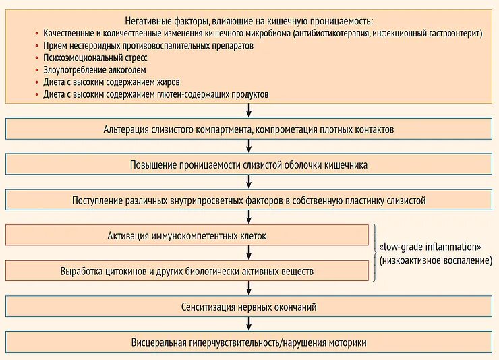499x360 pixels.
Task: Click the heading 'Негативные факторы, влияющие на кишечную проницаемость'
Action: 249,20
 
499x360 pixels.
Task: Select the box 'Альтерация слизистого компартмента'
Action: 249,129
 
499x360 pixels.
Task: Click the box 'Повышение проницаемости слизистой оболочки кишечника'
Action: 249,164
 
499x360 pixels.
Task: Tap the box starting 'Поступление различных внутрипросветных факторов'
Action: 249,200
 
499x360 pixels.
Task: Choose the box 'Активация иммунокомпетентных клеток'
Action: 187,236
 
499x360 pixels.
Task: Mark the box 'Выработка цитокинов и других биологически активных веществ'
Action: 187,271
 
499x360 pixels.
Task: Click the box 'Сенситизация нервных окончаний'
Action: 249,307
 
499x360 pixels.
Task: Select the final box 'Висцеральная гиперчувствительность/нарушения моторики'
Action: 249,342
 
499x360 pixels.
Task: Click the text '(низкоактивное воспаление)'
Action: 435,260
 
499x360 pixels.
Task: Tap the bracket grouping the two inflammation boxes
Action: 373,253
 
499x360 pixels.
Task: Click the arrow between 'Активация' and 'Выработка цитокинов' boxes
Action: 249,253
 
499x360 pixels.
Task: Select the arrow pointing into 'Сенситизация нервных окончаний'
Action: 249,289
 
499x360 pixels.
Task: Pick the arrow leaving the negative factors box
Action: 249,111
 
